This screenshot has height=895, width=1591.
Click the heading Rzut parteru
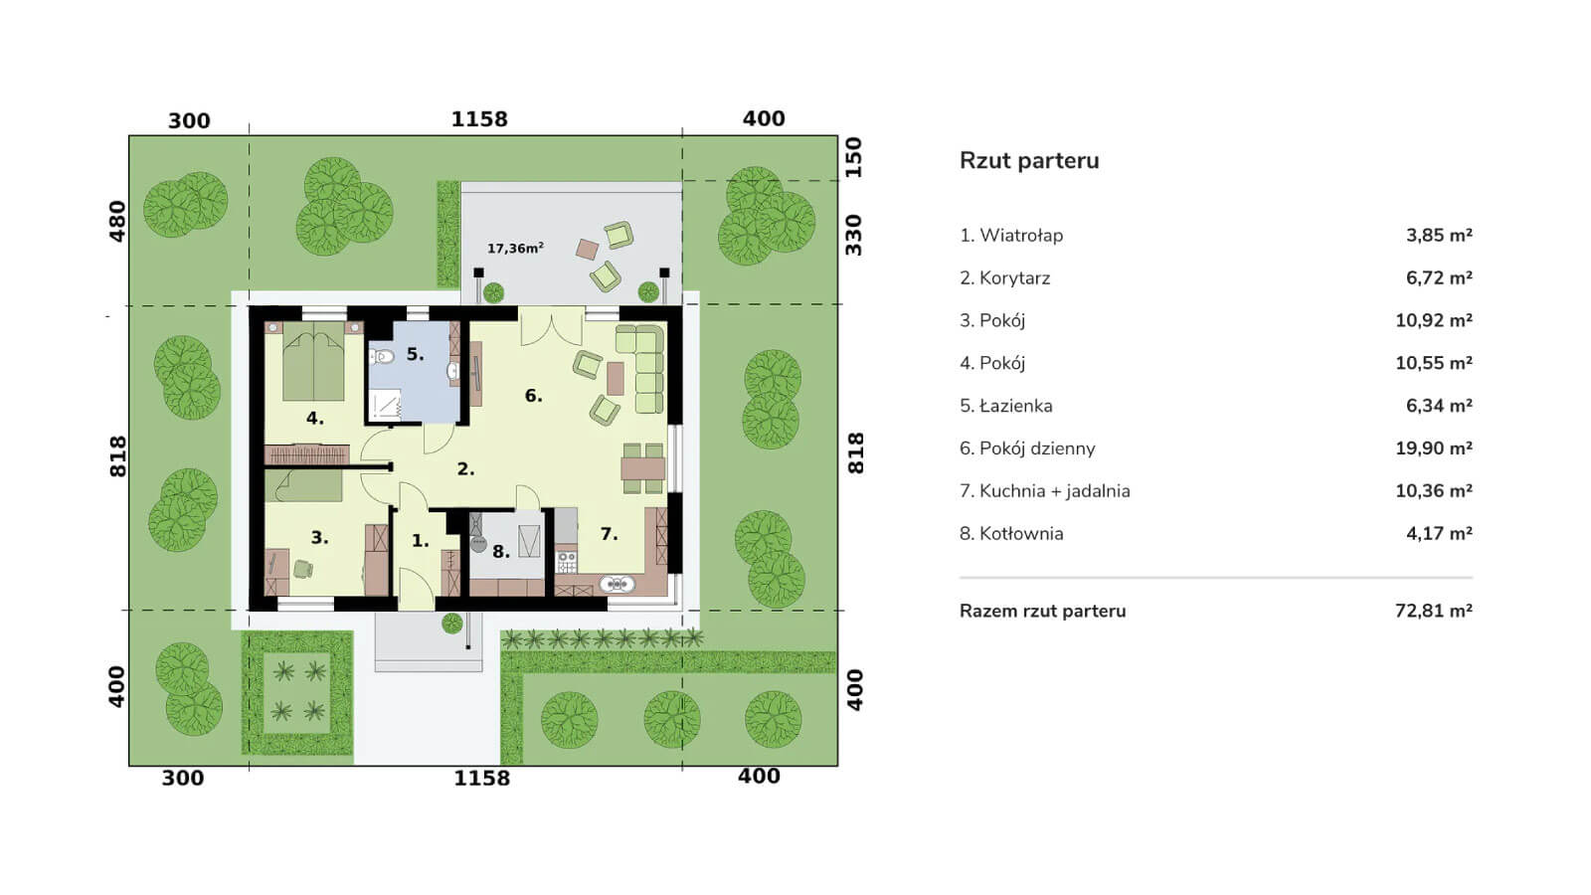point(1029,160)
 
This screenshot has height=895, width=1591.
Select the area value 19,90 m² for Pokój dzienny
point(1433,448)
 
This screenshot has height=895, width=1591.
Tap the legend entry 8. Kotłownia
point(1011,533)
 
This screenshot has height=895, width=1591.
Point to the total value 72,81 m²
point(1433,611)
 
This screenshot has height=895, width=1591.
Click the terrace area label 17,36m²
point(516,248)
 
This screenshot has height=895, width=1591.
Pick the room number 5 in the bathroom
point(415,354)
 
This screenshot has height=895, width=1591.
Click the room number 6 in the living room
point(533,396)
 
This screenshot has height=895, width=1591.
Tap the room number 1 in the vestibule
point(421,541)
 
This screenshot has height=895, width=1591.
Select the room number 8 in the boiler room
point(501,551)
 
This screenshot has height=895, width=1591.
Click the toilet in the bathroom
point(381,356)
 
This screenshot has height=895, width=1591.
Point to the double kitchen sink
point(617,585)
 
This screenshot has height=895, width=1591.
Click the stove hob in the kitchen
point(566,563)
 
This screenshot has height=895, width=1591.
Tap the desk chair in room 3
point(302,569)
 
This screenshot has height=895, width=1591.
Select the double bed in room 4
point(314,362)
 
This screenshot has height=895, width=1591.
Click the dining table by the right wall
point(642,468)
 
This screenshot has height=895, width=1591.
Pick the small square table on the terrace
point(588,250)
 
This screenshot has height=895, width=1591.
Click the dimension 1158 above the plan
point(479,118)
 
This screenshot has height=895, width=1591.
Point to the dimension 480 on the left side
point(116,221)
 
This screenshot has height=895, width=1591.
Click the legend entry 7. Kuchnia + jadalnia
point(1045,491)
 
